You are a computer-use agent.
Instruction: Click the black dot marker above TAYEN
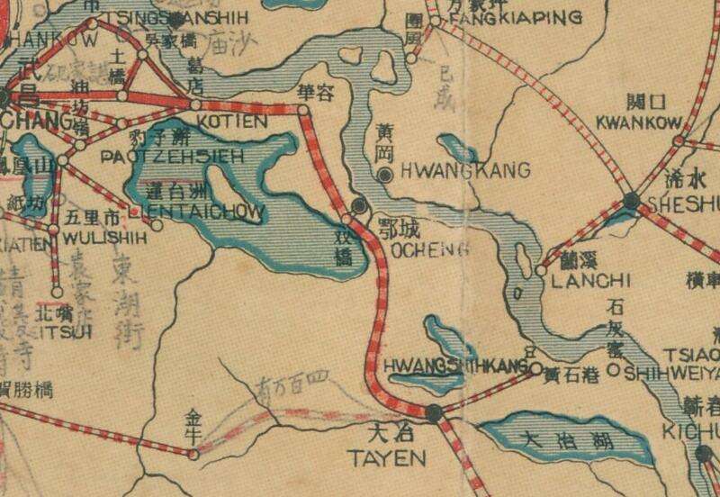[x=435, y=414]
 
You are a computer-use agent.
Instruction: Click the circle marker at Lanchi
[x=541, y=270]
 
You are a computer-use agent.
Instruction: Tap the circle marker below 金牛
[x=193, y=455]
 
